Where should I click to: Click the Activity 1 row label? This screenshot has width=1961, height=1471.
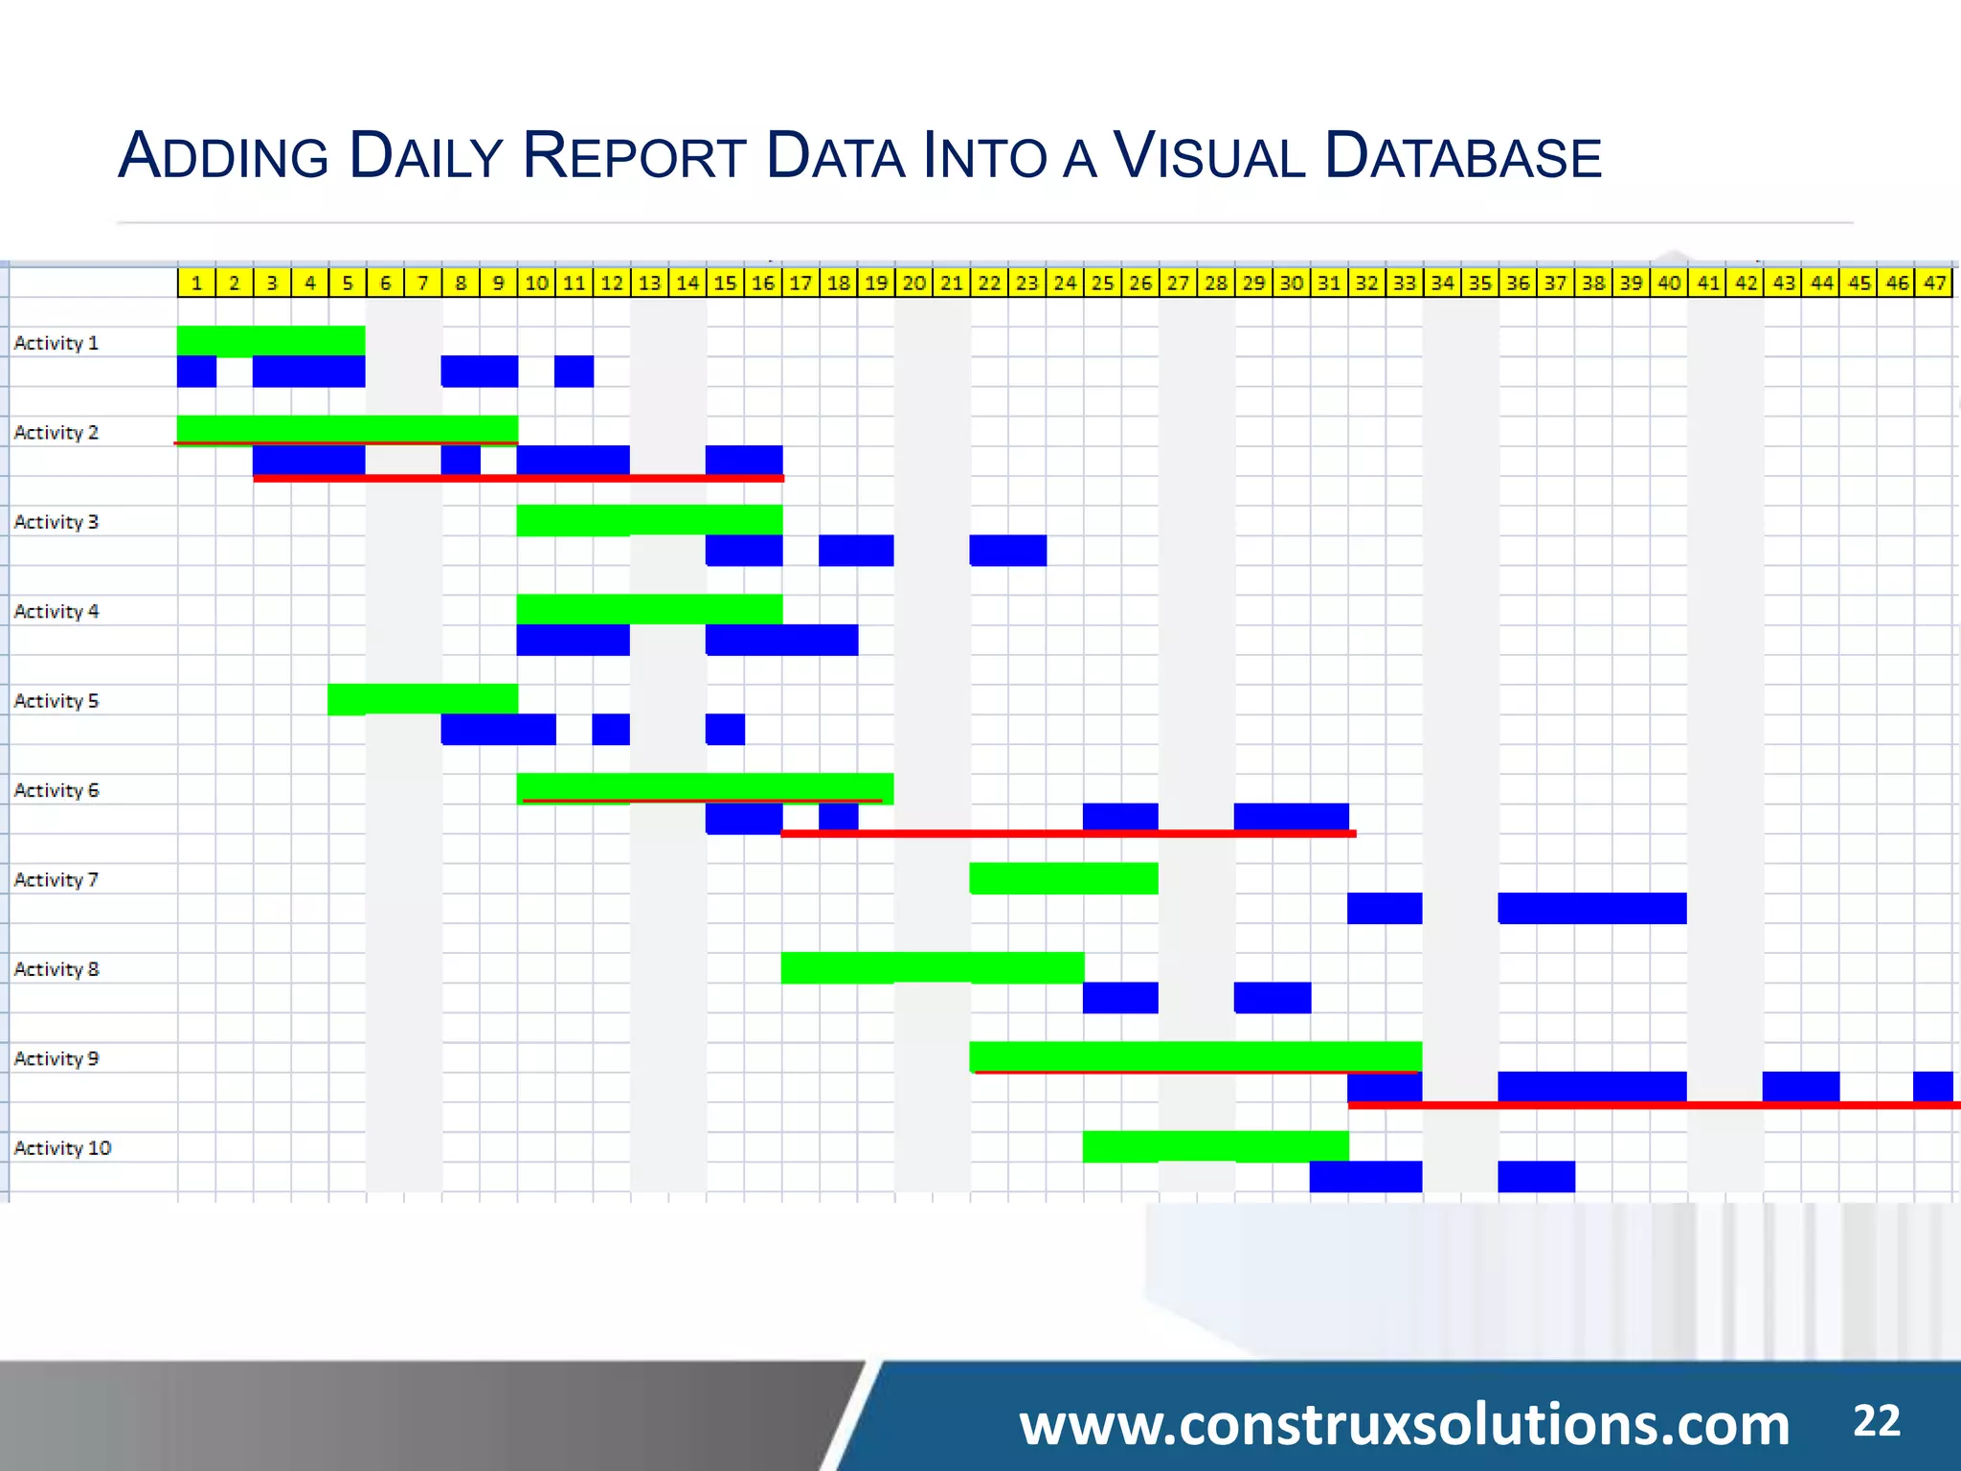click(56, 343)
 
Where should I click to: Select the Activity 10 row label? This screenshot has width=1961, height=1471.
click(62, 1147)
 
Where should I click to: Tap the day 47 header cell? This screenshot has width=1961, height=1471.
click(1933, 283)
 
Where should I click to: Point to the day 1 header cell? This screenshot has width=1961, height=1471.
click(196, 283)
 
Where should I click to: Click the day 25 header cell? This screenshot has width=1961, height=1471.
click(1102, 283)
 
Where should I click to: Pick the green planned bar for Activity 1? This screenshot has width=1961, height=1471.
click(271, 340)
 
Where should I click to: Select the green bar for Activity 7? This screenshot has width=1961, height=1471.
click(1064, 878)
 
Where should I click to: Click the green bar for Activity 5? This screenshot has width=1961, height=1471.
click(422, 698)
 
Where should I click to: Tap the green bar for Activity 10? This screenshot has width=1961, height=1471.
click(1215, 1145)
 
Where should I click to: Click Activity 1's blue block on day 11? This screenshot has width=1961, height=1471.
click(574, 372)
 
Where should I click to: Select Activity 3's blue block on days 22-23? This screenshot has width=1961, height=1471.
click(1007, 551)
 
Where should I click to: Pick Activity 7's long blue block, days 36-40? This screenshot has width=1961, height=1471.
click(1591, 908)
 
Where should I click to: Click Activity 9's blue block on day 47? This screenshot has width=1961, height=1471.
click(1932, 1086)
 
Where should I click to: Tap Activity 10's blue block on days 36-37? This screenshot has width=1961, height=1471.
click(1536, 1176)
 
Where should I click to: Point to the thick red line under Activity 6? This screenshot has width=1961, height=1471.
click(1068, 833)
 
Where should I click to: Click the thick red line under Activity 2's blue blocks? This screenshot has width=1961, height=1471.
click(518, 478)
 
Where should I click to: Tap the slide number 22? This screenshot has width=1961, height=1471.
click(1876, 1421)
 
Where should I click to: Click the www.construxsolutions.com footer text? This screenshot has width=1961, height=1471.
click(1404, 1424)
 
